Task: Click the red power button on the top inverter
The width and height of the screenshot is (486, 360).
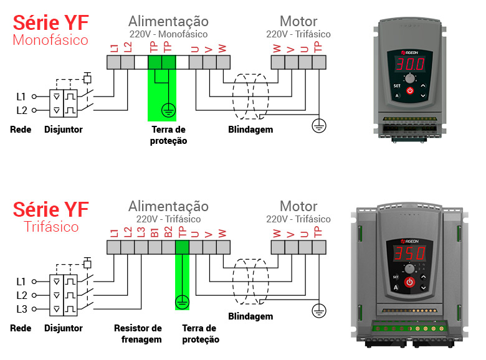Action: click(x=410, y=92)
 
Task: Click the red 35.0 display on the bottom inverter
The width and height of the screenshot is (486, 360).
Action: click(x=409, y=253)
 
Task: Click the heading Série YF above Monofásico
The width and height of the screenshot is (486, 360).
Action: click(x=50, y=23)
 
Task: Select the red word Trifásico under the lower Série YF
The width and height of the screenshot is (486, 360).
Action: click(x=51, y=226)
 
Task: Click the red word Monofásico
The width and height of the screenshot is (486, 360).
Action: click(x=50, y=40)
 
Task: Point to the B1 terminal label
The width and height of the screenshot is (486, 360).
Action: click(x=154, y=233)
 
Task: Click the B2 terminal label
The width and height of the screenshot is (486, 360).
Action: click(x=168, y=233)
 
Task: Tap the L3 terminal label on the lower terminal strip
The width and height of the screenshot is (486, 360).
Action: click(x=141, y=233)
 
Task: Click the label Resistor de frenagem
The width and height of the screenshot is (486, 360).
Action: click(x=138, y=333)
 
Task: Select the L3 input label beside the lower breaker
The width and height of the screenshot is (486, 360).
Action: click(x=21, y=308)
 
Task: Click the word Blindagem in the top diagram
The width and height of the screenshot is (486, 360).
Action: click(x=250, y=130)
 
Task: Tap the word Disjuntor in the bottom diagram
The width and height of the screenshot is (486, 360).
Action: click(x=64, y=328)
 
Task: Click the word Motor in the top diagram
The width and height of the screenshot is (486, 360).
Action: click(x=298, y=22)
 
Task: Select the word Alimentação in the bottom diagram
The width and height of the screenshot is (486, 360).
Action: click(x=168, y=206)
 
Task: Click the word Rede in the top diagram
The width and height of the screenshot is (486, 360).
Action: click(x=21, y=130)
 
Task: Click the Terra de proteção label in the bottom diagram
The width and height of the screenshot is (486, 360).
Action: click(x=201, y=333)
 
